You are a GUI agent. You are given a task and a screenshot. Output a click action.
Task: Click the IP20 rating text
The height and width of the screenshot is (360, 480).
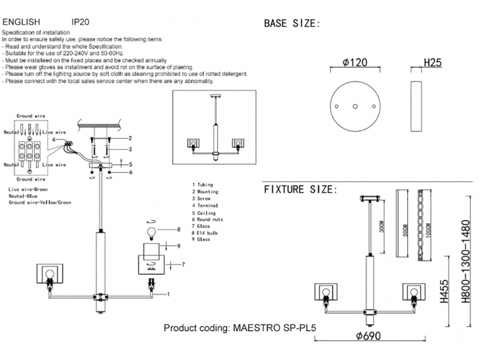click(x=80, y=22)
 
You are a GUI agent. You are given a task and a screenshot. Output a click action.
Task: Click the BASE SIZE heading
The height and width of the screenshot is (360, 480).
click(x=291, y=24)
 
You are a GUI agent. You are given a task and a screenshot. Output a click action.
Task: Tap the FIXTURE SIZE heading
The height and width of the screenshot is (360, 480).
click(x=301, y=190)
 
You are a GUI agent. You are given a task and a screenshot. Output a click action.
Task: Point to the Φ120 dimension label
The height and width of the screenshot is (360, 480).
click(x=354, y=63)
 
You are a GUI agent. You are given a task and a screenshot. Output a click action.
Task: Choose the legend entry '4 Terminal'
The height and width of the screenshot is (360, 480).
click(x=208, y=205)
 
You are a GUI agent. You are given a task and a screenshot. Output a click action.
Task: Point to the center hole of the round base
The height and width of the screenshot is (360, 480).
click(x=354, y=106)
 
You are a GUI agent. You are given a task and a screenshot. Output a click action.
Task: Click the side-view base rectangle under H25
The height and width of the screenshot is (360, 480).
click(x=416, y=106)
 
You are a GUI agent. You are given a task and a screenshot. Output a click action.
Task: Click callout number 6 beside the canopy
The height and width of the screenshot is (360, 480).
click(x=130, y=172)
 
